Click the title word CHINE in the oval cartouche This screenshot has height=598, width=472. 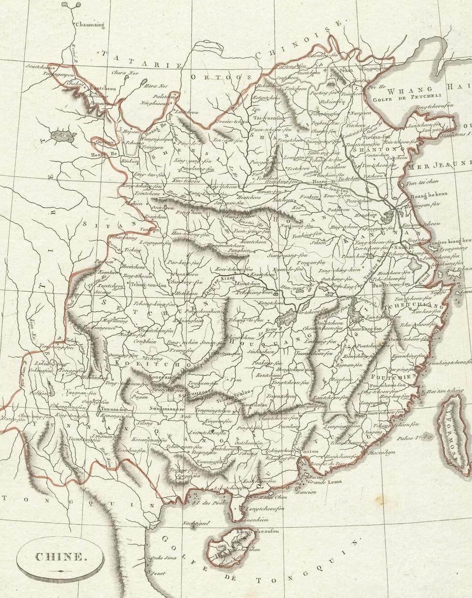[60, 557]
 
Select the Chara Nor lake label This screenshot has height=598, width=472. [125, 73]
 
